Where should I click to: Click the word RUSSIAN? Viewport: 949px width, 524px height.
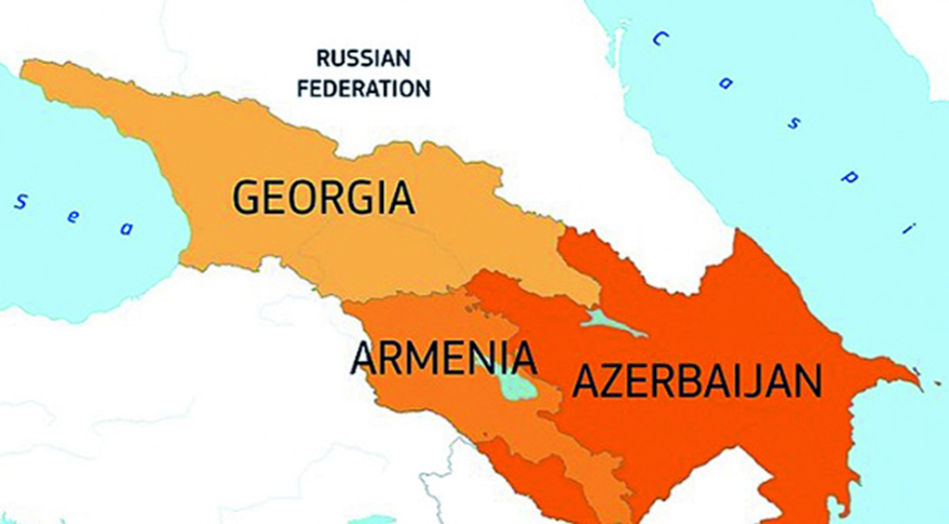pyautogui.click(x=363, y=59)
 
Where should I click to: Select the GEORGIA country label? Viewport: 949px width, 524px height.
pyautogui.click(x=322, y=198)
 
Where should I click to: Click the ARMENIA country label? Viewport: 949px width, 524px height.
pyautogui.click(x=443, y=359)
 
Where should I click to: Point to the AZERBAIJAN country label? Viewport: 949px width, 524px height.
pyautogui.click(x=697, y=380)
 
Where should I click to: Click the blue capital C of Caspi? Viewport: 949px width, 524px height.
pyautogui.click(x=660, y=39)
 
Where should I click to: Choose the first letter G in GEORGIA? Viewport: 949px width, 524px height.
pyautogui.click(x=245, y=198)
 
